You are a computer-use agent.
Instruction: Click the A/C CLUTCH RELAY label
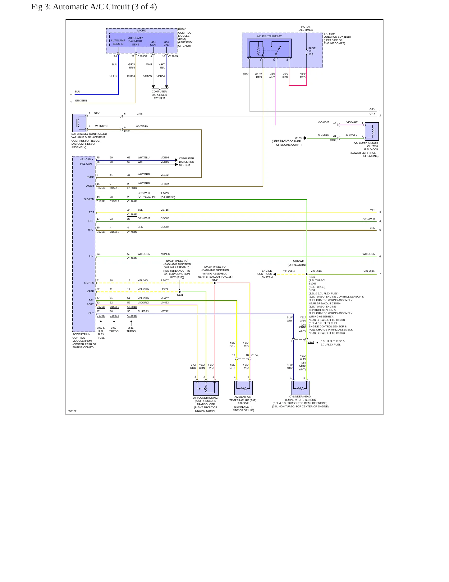tap(269, 36)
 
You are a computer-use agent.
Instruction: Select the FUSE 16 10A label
tap(312, 51)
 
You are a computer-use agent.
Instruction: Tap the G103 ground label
tap(298, 138)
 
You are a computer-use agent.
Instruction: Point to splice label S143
tap(215, 280)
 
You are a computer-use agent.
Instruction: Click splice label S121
tap(180, 295)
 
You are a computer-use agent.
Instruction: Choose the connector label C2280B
tap(142, 56)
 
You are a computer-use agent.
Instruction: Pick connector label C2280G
tap(173, 56)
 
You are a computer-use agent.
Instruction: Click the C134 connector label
tap(254, 355)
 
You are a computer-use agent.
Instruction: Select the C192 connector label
tap(311, 342)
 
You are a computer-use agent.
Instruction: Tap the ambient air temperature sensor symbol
tap(243, 388)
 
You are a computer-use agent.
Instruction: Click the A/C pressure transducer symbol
tap(206, 388)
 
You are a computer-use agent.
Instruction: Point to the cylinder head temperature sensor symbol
tap(300, 388)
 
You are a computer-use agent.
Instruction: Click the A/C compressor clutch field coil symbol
tap(372, 131)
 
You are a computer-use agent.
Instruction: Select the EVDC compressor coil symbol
tap(79, 123)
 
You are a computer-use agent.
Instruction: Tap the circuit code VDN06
tap(165, 254)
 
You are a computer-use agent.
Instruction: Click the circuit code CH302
tap(165, 184)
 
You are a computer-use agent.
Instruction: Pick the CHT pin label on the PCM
tap(91, 313)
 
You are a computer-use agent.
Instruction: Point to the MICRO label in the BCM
tap(142, 31)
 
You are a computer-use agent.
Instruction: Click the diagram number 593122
tap(72, 411)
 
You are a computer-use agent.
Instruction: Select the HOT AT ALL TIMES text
tap(306, 28)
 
